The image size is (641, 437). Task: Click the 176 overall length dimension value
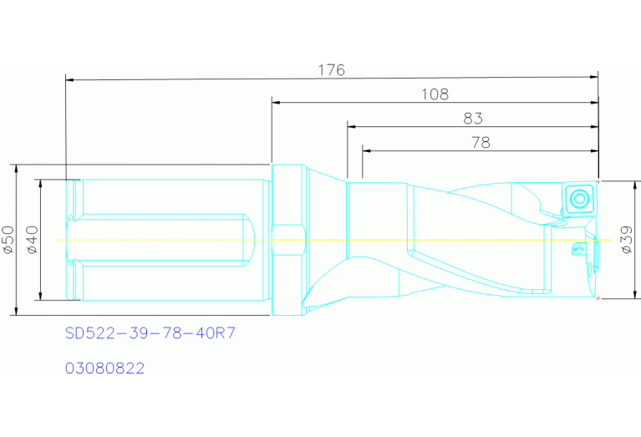(x=332, y=70)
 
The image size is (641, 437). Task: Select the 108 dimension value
(x=435, y=94)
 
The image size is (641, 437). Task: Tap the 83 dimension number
(x=473, y=119)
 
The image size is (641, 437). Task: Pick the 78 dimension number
(x=481, y=143)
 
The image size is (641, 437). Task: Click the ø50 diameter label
(x=8, y=240)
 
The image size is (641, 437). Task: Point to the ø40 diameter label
(x=33, y=240)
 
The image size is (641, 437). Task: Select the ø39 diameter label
(x=627, y=240)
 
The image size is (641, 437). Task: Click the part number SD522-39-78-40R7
(x=150, y=333)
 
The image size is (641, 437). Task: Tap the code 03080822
(x=105, y=368)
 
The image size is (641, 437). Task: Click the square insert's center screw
(x=578, y=198)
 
